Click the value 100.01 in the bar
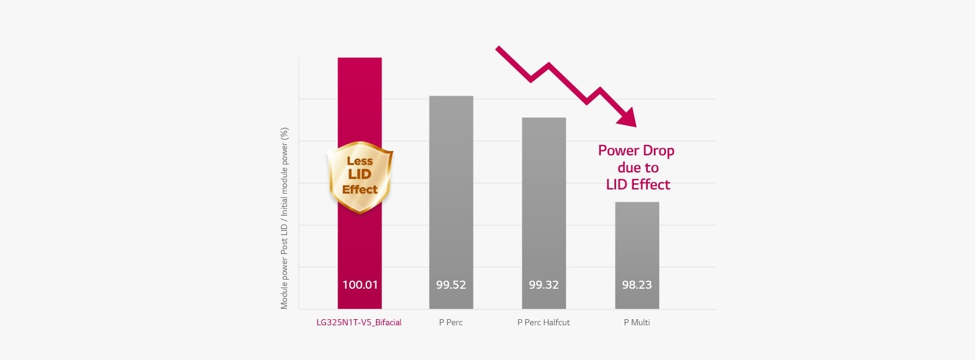click(x=360, y=284)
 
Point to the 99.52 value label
click(x=451, y=284)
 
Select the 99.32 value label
click(x=544, y=284)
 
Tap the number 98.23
click(x=637, y=284)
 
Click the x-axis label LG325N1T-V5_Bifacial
click(x=359, y=322)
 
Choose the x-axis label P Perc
click(x=451, y=322)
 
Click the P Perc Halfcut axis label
click(x=544, y=322)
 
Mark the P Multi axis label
click(x=637, y=322)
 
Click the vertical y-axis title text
click(x=284, y=218)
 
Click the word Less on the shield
click(x=360, y=161)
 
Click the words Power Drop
click(x=636, y=150)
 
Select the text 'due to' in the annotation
click(x=638, y=168)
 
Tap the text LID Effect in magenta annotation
click(x=638, y=185)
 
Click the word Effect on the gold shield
click(x=360, y=189)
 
